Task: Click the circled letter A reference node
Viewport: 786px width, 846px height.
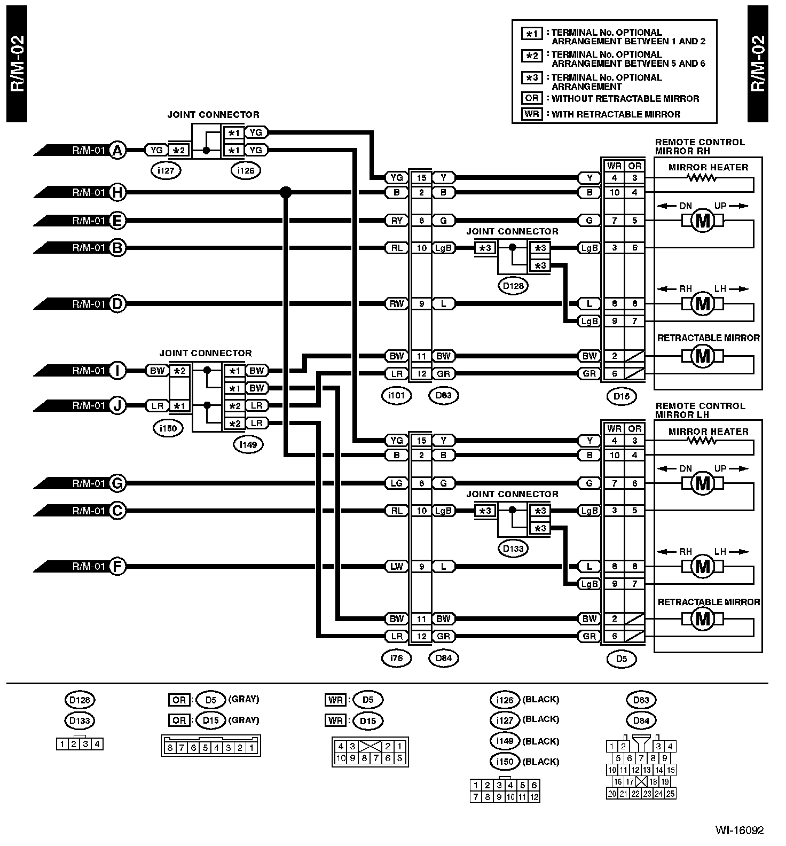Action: tap(117, 151)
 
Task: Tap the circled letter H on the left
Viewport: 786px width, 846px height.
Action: tap(117, 192)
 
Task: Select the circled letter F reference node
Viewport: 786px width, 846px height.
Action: tap(117, 566)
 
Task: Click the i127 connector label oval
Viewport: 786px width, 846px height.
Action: tap(167, 170)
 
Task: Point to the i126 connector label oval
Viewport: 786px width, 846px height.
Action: tap(246, 170)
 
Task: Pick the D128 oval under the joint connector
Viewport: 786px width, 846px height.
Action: tap(513, 286)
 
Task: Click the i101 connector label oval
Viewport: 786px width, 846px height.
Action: tap(396, 395)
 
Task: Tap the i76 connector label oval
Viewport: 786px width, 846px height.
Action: tap(396, 658)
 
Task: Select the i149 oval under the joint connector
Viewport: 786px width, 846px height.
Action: tap(248, 444)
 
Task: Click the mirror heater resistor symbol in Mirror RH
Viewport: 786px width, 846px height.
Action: tap(702, 178)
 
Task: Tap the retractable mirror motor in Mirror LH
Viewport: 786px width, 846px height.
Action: tap(703, 619)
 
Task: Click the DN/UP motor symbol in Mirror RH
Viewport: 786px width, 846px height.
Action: tap(703, 221)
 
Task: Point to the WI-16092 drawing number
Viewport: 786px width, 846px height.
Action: tap(739, 831)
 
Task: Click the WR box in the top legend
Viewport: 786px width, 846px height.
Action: tap(532, 114)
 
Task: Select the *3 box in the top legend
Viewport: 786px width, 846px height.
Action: tap(532, 78)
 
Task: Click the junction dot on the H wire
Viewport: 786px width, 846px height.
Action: tap(286, 192)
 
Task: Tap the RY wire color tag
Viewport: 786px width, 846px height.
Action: tap(396, 221)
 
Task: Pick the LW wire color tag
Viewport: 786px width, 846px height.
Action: tap(396, 566)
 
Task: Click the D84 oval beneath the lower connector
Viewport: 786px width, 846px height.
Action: tap(444, 658)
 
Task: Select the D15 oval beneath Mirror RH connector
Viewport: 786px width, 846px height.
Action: tap(622, 396)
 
